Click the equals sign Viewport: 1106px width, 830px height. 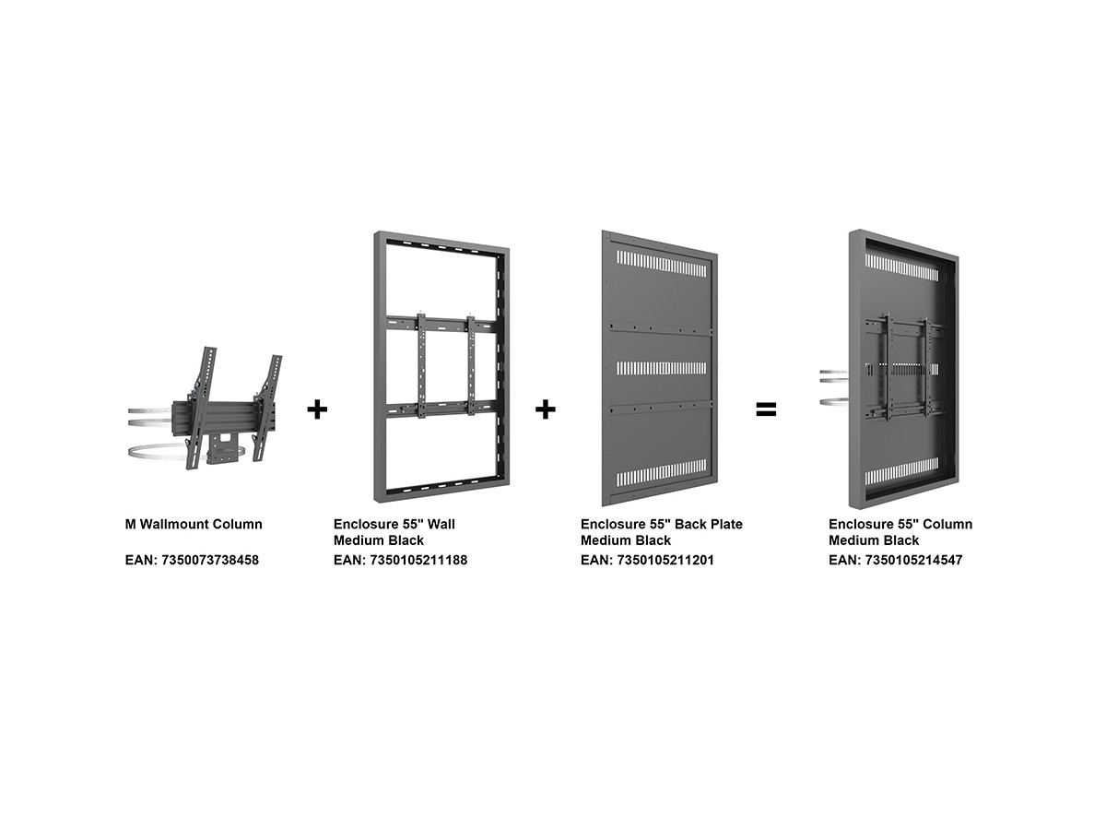point(766,409)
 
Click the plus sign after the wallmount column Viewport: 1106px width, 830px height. point(317,409)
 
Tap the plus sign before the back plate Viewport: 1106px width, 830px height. point(546,409)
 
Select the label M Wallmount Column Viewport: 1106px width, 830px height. point(194,524)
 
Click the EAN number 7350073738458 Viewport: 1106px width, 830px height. point(210,560)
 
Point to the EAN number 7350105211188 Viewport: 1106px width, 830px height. point(418,560)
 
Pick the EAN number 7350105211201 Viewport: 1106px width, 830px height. point(665,560)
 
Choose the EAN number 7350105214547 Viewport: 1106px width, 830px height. point(914,560)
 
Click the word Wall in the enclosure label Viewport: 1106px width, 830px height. point(441,524)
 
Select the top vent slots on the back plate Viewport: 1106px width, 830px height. point(662,264)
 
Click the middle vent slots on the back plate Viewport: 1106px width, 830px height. point(662,368)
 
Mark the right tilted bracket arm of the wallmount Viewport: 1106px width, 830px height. point(267,408)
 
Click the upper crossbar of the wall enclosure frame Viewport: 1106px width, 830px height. point(441,323)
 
